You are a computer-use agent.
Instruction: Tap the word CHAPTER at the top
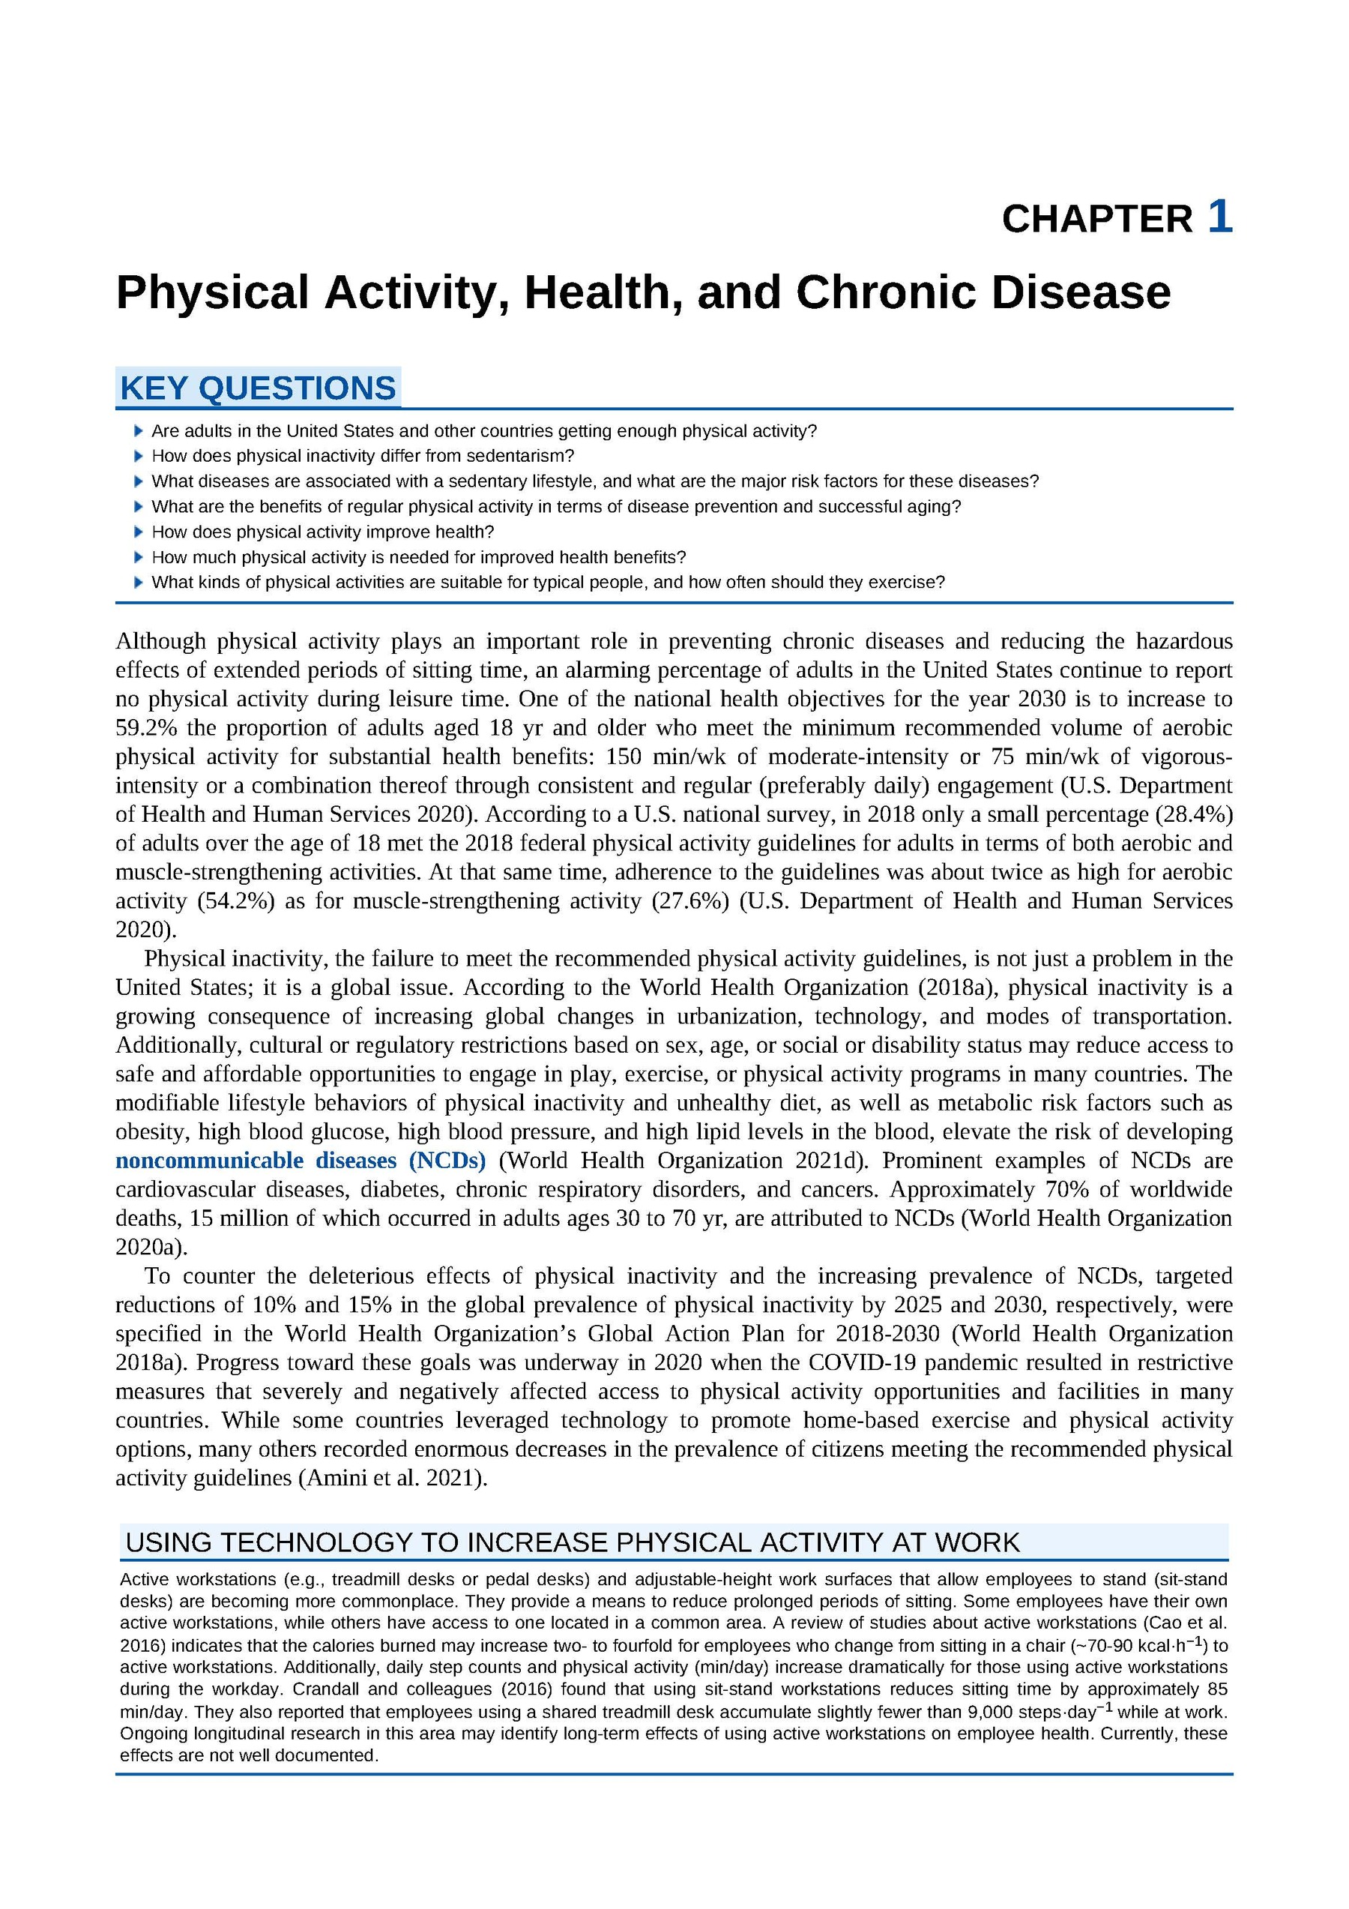[x=1096, y=220]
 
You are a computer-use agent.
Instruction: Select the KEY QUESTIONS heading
[x=258, y=388]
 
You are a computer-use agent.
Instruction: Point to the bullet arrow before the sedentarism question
[x=139, y=456]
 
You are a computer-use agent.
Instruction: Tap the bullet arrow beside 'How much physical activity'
[x=139, y=557]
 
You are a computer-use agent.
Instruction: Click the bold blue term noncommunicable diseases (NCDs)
[x=300, y=1160]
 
